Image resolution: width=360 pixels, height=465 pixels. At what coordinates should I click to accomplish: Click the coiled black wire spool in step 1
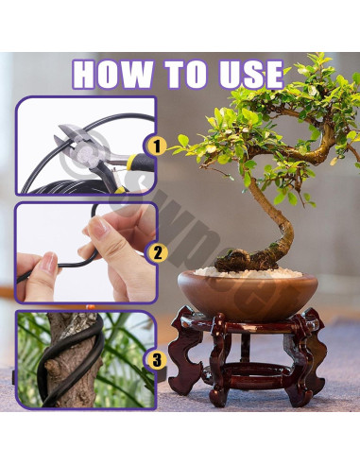click(57, 175)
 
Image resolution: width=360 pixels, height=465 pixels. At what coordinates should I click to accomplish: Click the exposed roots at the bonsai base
click(250, 259)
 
